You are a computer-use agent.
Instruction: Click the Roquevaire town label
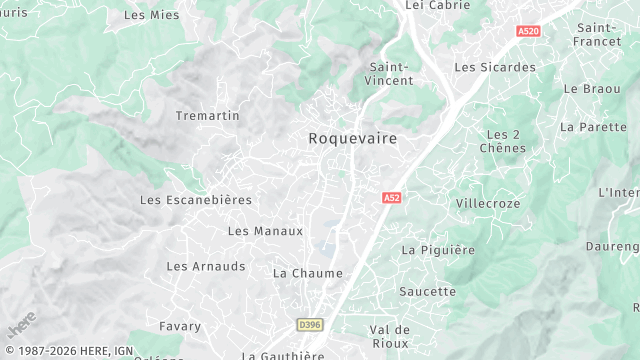coord(351,139)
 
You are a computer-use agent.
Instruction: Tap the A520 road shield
coord(529,32)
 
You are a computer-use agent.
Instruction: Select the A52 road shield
coord(391,199)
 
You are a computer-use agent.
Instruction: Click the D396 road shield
coord(310,325)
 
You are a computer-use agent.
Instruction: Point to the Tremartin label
coord(208,116)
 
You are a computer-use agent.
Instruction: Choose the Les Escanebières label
coord(196,200)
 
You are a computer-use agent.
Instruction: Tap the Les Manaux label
coord(265,231)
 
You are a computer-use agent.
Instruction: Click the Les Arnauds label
coord(206,266)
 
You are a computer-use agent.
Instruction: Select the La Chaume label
coord(308,273)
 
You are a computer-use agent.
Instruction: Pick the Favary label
coord(180,326)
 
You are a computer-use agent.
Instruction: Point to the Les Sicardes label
coord(495,68)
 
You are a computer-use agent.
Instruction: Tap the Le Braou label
coord(585,89)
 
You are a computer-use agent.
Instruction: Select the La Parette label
coord(586,127)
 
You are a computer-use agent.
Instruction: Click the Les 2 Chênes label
coord(503,141)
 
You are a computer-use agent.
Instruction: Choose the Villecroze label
coord(488,203)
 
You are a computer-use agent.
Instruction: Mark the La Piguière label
coord(438,250)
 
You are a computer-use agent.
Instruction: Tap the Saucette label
coord(427,292)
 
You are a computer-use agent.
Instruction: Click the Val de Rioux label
coord(390,336)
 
